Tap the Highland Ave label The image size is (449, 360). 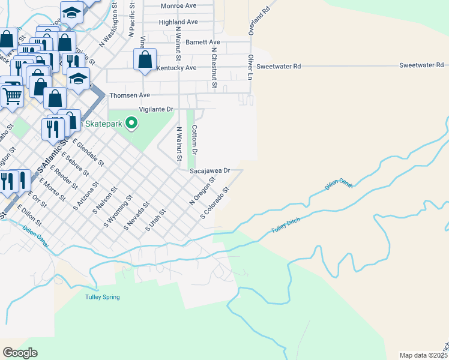pyautogui.click(x=178, y=22)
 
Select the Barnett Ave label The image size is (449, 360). pyautogui.click(x=203, y=43)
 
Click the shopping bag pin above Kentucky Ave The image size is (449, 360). pyautogui.click(x=145, y=60)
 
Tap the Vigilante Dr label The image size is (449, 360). pyautogui.click(x=155, y=110)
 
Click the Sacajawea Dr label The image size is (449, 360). pyautogui.click(x=210, y=171)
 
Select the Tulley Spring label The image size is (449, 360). pyautogui.click(x=102, y=297)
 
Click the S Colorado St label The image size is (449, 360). pyautogui.click(x=215, y=203)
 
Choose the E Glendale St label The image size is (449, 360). pyautogui.click(x=89, y=152)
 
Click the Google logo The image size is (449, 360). pyautogui.click(x=20, y=353)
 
